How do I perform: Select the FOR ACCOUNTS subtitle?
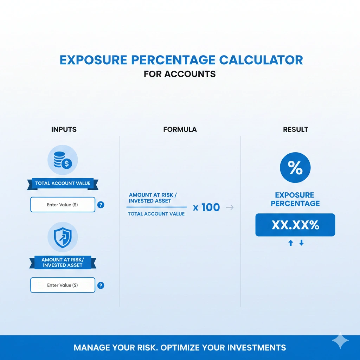coord(180,75)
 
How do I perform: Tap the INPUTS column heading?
coord(64,129)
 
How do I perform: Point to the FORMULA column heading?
coord(180,129)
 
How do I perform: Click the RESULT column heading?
coord(295,129)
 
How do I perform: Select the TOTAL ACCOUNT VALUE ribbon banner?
coord(63,183)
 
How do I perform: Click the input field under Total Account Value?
coord(63,205)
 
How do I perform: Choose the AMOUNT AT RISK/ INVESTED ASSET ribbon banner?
coord(63,262)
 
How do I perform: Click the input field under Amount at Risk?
coord(63,285)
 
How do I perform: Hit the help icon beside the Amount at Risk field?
coord(101,285)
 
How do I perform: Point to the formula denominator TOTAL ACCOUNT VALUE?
coord(156,214)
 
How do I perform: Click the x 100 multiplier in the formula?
coord(206,207)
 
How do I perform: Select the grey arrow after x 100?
coord(230,207)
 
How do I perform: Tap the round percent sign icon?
coord(295,168)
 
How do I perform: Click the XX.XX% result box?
coord(295,225)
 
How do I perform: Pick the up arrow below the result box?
coord(290,243)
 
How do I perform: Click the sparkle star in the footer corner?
coord(340,340)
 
